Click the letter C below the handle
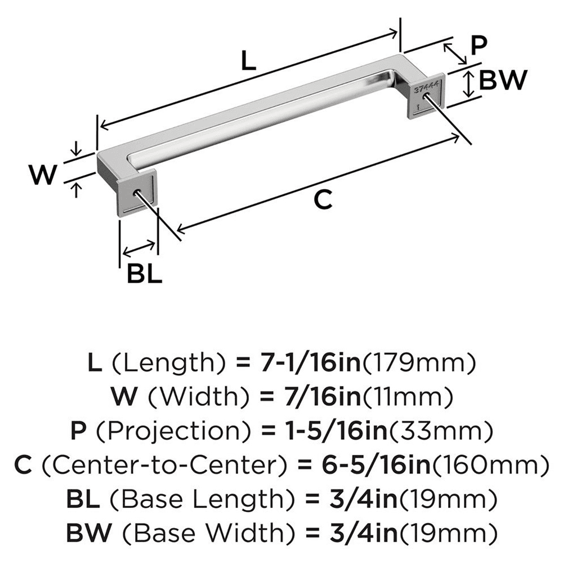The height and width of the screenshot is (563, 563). coord(323,200)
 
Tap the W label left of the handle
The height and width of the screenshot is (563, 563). coord(43,175)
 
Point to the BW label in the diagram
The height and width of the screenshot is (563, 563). coord(502,81)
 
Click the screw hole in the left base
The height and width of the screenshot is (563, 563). coord(136,193)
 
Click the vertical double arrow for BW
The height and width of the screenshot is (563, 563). coord(467,84)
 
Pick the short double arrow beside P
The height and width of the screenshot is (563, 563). coord(455,53)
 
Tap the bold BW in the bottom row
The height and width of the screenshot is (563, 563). coord(85,532)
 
